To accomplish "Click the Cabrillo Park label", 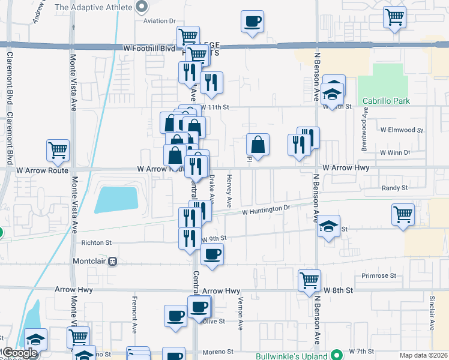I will click(386, 101).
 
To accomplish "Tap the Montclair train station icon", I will click(112, 262).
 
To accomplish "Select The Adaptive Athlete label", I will click(93, 8).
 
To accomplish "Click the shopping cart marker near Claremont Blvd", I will click(58, 151).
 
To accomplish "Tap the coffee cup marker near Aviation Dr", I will click(252, 22).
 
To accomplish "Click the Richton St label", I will click(96, 243).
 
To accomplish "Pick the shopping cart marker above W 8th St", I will click(309, 280).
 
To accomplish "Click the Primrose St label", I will click(379, 276).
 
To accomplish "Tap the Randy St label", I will click(394, 188).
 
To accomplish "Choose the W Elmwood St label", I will click(402, 129).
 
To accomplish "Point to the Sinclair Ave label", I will click(432, 312).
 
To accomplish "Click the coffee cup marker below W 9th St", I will click(211, 254).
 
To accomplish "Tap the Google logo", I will click(19, 353).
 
